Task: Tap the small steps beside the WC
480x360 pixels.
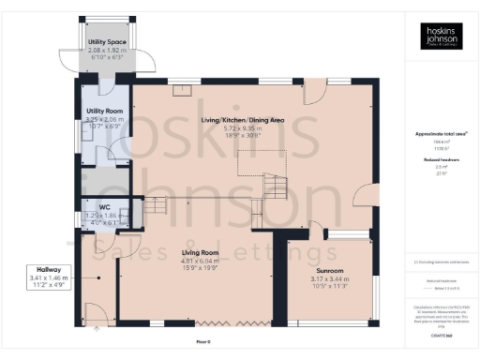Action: coord(156,203)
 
